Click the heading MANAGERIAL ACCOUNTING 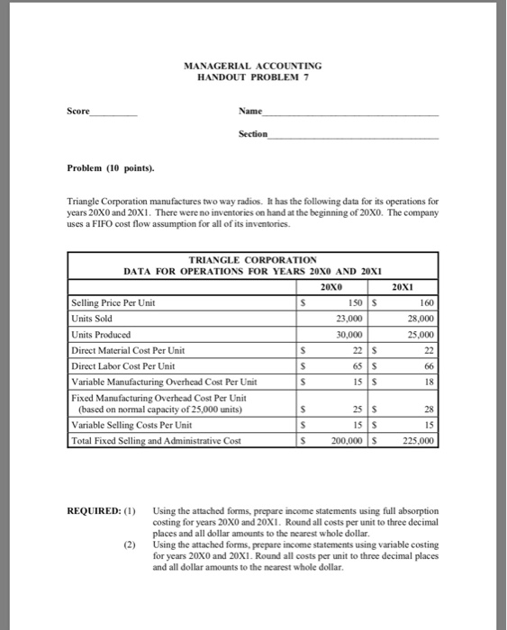(x=252, y=66)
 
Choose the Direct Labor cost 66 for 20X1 (x=429, y=365)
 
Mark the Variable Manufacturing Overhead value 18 (x=429, y=382)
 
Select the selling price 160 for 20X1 (x=426, y=302)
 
